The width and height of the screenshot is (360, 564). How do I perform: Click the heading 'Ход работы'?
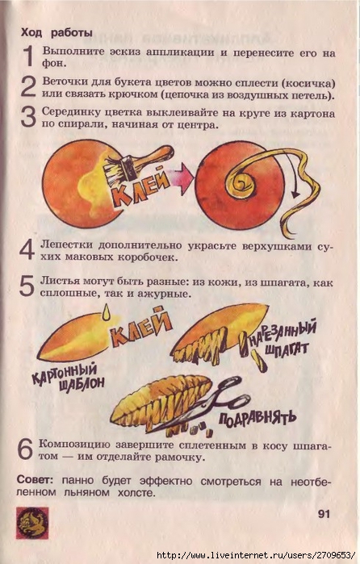coord(57,33)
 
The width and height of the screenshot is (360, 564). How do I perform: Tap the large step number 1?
coord(28,56)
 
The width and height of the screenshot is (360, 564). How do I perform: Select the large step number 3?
coord(28,117)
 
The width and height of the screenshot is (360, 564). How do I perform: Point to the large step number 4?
coord(27,249)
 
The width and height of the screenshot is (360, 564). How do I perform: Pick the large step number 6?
coord(26,449)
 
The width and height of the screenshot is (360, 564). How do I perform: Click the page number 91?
coord(324,514)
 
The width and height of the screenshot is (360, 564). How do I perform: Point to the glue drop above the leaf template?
coord(107,311)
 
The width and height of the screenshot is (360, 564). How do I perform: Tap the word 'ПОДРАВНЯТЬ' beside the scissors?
coord(257,418)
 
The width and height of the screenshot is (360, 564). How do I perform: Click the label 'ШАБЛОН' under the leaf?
coord(82,384)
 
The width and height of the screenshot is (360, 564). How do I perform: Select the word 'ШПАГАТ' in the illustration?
coord(287,349)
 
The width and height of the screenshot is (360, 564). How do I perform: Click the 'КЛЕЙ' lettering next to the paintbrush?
coord(141,188)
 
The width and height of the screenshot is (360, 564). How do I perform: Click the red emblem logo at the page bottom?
coord(32,523)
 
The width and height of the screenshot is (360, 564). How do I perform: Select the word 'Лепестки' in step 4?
coord(67,245)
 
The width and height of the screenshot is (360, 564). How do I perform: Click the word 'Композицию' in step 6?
coord(74,445)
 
